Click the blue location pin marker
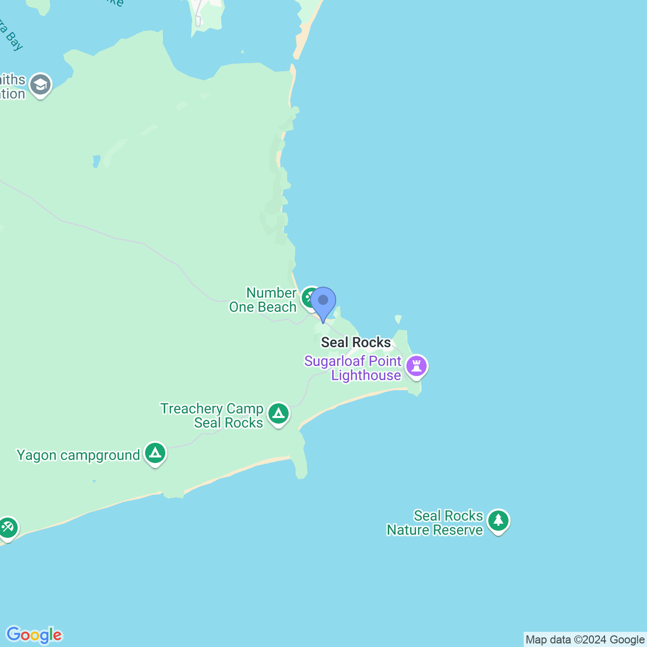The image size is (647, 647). click(323, 302)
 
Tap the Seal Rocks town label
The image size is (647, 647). click(356, 342)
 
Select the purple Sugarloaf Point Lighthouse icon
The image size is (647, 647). click(417, 366)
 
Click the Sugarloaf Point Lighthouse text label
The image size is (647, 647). click(353, 368)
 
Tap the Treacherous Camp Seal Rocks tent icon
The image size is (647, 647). click(279, 414)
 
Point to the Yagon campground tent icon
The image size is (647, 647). click(155, 453)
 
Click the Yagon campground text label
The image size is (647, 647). click(78, 455)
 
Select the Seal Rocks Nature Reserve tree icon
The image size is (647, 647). click(498, 521)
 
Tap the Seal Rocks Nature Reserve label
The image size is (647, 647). click(435, 523)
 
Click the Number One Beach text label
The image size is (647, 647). click(263, 300)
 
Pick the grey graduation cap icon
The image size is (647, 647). click(40, 85)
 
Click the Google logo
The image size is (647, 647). click(34, 635)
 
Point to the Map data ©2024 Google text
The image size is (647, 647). click(585, 640)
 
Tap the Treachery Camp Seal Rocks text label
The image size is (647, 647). click(212, 415)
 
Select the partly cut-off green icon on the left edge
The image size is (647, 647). click(7, 528)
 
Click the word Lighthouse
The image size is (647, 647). click(366, 376)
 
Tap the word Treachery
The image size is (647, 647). click(192, 408)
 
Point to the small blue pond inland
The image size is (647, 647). click(96, 162)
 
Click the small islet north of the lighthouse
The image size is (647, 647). click(398, 319)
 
